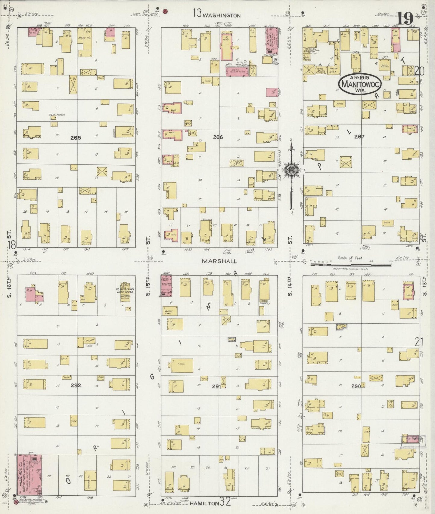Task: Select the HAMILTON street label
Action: [204, 503]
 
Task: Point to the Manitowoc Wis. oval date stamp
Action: [360, 84]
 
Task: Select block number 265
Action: [76, 138]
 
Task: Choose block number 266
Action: [218, 137]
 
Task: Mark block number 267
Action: [359, 137]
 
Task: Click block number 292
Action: [76, 385]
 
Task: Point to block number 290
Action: [356, 386]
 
